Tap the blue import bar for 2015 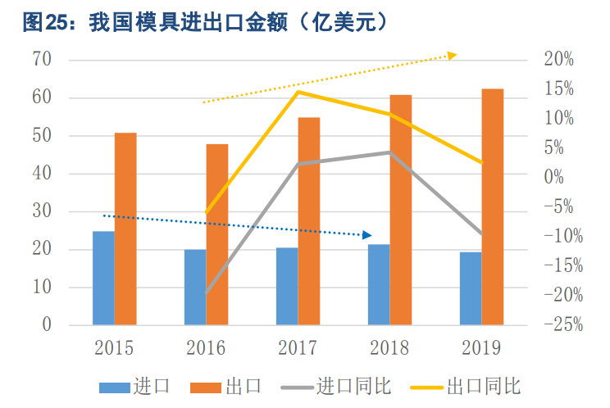[x=103, y=278]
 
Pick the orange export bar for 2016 [x=217, y=234]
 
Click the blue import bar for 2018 [x=379, y=284]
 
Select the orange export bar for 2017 [x=308, y=221]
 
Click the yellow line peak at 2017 [x=298, y=92]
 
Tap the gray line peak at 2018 [x=390, y=152]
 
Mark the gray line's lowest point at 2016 [x=207, y=292]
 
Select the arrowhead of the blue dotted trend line [x=367, y=235]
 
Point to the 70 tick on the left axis [x=42, y=60]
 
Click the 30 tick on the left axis [x=42, y=211]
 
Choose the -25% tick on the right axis [x=562, y=324]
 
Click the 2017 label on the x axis [x=298, y=348]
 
